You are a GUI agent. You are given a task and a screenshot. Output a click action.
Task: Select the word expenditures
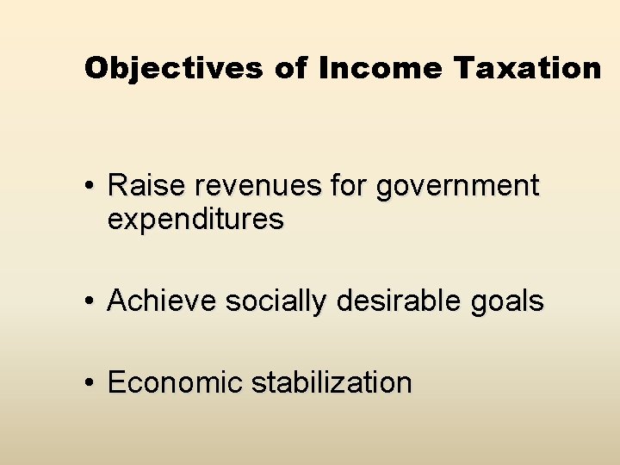click(x=195, y=220)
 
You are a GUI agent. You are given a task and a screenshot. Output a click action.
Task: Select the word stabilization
click(x=332, y=382)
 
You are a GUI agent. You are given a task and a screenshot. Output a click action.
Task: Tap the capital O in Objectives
click(x=95, y=68)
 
